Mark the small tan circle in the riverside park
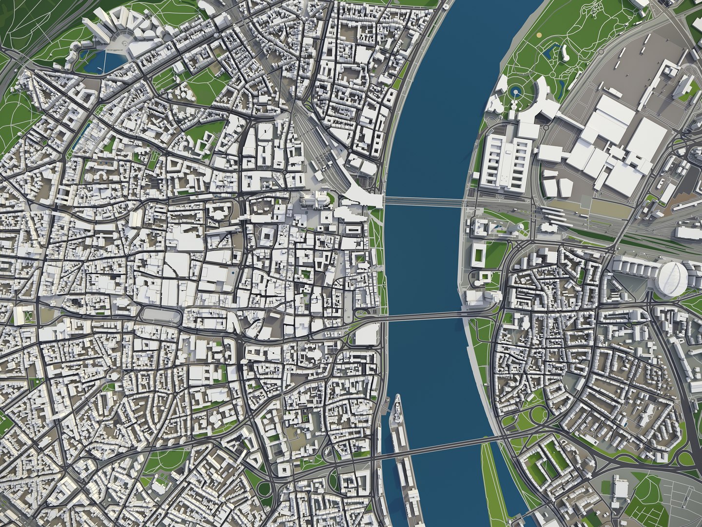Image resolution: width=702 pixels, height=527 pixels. (539, 35)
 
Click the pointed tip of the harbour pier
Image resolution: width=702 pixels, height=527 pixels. (397, 396)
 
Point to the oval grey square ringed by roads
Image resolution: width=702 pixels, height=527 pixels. (161, 315)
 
